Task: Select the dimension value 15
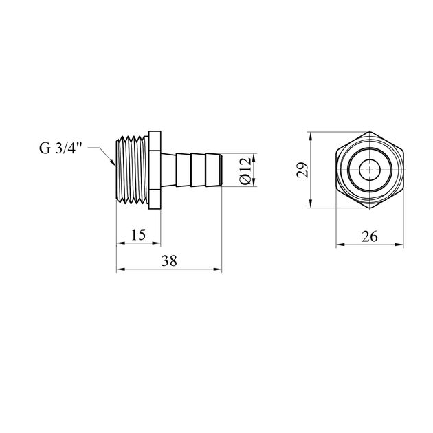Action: (x=138, y=234)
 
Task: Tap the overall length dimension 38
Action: (x=169, y=261)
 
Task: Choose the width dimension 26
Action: (x=369, y=236)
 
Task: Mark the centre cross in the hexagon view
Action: (x=370, y=169)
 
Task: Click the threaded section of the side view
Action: (x=131, y=169)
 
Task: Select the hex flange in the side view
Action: (x=156, y=169)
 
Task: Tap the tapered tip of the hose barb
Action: (x=219, y=169)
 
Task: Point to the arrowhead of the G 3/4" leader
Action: (x=114, y=165)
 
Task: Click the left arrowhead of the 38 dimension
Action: (x=119, y=269)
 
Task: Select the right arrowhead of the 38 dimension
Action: (x=220, y=269)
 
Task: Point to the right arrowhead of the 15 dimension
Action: (x=157, y=242)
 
